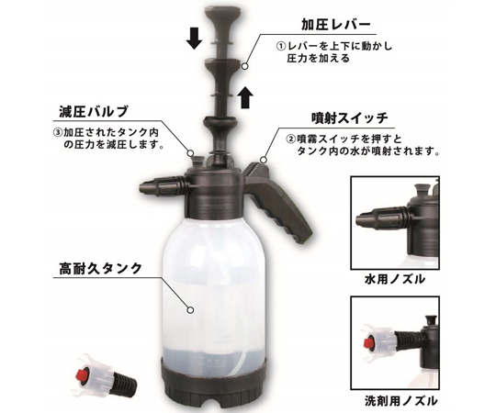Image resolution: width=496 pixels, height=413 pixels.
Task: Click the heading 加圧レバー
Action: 335,26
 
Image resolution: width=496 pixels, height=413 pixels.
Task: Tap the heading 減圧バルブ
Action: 94,112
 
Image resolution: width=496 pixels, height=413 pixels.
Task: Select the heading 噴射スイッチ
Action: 349,118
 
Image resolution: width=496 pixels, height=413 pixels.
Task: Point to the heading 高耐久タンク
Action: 101,269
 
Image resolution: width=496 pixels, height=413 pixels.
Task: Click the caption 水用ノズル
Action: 395,279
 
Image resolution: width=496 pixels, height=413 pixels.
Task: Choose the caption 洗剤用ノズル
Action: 401,401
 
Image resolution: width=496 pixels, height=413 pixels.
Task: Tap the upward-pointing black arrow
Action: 245,97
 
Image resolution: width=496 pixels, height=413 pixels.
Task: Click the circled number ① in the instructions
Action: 280,47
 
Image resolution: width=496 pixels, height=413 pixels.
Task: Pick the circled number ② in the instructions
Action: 290,139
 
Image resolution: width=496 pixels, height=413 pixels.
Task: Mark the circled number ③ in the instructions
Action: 57,132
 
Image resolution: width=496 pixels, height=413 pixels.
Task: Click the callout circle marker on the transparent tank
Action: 190,310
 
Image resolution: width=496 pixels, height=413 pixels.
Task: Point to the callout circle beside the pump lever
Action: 244,66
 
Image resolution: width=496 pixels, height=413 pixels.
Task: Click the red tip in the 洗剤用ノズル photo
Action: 368,343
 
